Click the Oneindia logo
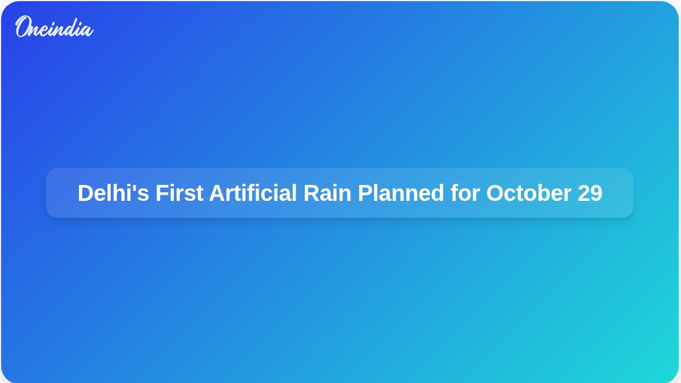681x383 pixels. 54,27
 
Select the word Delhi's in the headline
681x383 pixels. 113,193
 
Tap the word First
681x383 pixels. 179,193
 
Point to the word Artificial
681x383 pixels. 253,193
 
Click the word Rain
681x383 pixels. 327,193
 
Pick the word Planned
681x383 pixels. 401,193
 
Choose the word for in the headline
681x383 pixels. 465,193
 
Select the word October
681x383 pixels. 529,193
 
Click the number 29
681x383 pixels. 590,193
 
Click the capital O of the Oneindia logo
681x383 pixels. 23,26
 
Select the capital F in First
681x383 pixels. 162,193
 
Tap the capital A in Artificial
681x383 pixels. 218,193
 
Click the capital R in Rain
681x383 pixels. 312,193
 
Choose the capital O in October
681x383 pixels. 495,193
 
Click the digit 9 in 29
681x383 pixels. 596,193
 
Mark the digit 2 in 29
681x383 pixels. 584,192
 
